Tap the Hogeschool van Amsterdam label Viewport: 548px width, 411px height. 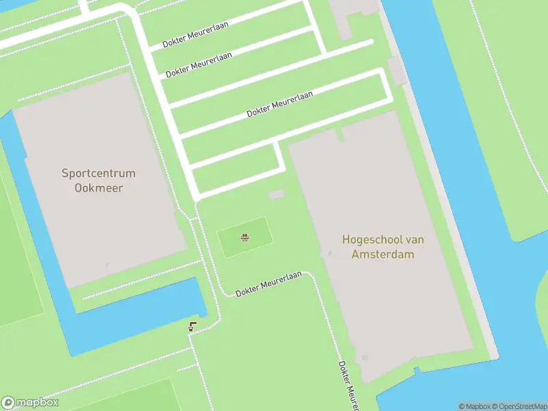coord(383,247)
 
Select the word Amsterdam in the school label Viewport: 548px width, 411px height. coord(383,254)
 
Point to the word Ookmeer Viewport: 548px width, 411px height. coord(99,188)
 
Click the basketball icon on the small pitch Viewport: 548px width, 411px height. coord(244,238)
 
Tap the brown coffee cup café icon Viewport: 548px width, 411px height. coord(192,327)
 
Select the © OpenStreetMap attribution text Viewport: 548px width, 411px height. coord(519,406)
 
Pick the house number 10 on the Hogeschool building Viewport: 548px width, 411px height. coord(364,358)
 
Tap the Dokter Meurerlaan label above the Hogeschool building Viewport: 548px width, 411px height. coord(279,104)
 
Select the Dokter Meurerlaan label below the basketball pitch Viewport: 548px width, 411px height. coord(269,284)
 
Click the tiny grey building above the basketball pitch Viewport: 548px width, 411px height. coord(275,195)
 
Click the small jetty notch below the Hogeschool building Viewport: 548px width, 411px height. coord(416,371)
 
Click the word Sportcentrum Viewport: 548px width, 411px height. coord(99,173)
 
